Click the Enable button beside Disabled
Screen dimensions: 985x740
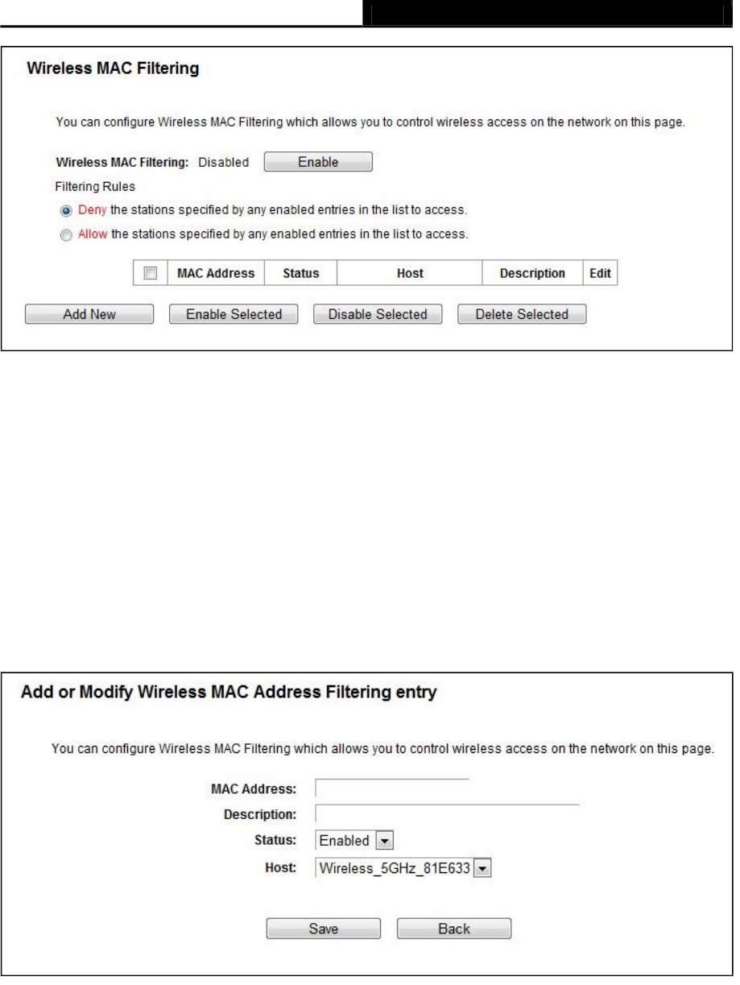pos(318,162)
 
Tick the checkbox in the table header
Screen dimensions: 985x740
pos(149,274)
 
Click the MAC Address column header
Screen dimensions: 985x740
pos(216,274)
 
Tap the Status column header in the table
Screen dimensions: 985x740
pos(301,274)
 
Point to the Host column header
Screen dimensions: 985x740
pos(410,274)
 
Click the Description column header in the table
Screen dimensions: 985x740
pos(532,274)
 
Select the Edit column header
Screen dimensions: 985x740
pos(600,274)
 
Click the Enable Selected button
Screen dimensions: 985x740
pos(234,314)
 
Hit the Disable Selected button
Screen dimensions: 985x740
pos(377,314)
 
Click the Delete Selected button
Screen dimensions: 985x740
pos(522,314)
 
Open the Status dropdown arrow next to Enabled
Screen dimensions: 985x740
pos(384,841)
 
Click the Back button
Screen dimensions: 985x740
pos(453,929)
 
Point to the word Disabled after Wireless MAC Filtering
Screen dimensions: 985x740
pos(224,162)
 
